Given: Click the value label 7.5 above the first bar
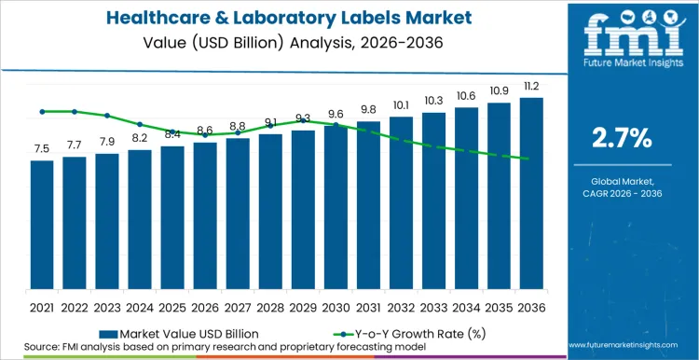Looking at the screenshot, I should click(42, 149).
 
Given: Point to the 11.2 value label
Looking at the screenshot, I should click(531, 87).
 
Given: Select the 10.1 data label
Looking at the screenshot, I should click(401, 105).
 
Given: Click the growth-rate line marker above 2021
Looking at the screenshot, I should click(42, 112).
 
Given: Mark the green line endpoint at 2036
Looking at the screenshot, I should click(531, 159).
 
